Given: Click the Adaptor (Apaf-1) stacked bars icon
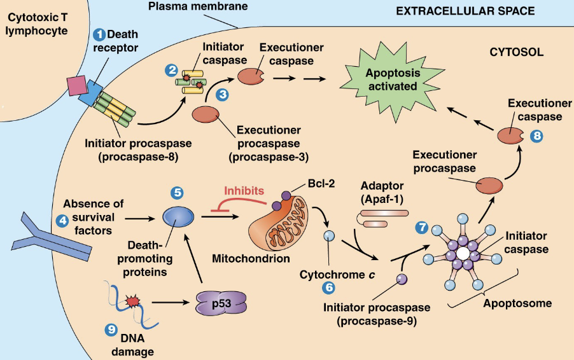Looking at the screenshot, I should coord(379,219).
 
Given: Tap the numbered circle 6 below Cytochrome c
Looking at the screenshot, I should coord(329,287).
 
